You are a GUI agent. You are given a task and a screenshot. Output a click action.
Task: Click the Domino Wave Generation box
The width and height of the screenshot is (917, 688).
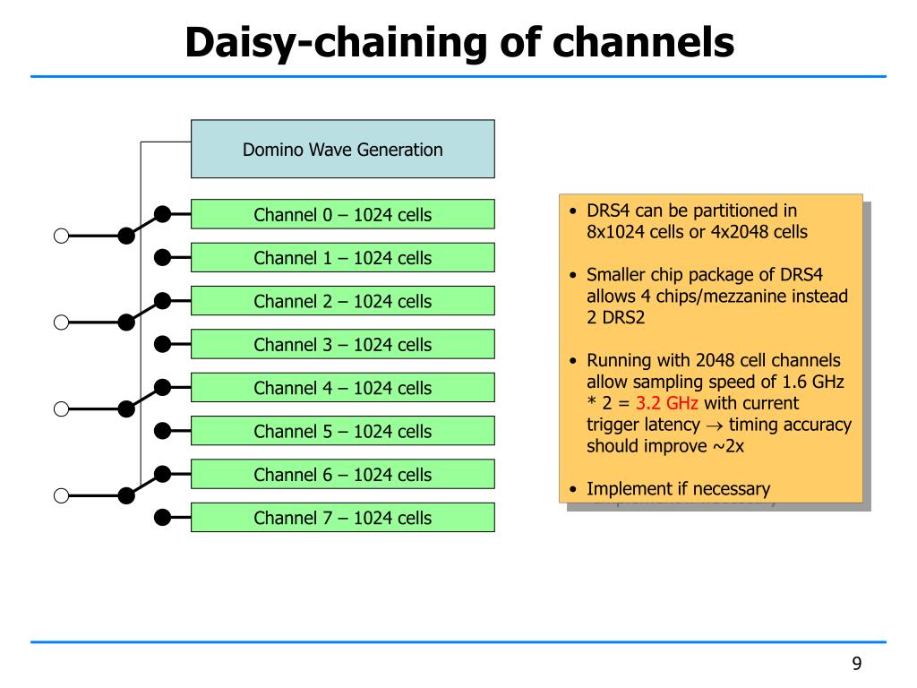343,150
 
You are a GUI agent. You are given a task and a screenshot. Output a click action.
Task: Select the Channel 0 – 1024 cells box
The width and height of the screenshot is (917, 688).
343,214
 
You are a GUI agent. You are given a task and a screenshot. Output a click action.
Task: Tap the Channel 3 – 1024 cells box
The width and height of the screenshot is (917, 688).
343,344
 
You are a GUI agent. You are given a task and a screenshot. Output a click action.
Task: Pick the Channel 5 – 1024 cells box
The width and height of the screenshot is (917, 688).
343,431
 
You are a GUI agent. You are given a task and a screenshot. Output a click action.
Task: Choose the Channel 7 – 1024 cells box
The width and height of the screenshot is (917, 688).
343,517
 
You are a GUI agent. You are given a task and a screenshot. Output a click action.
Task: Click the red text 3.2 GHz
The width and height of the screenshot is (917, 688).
666,403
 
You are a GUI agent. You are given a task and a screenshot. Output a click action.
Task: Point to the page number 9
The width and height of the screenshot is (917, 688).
857,664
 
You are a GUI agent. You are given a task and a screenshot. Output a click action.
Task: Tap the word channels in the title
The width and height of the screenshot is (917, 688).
643,43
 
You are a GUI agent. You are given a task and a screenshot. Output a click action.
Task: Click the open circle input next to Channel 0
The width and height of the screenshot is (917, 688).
62,236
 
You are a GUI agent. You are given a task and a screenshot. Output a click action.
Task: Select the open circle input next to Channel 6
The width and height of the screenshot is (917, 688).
62,496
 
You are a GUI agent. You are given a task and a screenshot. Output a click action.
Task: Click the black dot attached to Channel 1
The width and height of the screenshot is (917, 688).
163,257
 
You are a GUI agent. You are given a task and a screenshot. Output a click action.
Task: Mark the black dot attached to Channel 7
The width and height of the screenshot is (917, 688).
163,517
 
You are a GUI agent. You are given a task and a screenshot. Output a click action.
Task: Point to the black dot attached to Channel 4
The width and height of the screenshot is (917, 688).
163,387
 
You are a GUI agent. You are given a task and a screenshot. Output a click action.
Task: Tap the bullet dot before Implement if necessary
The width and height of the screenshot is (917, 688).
573,489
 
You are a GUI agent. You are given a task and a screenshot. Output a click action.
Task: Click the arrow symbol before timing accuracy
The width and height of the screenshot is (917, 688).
714,426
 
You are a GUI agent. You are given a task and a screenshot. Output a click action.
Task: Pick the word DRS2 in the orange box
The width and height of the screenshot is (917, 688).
623,318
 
